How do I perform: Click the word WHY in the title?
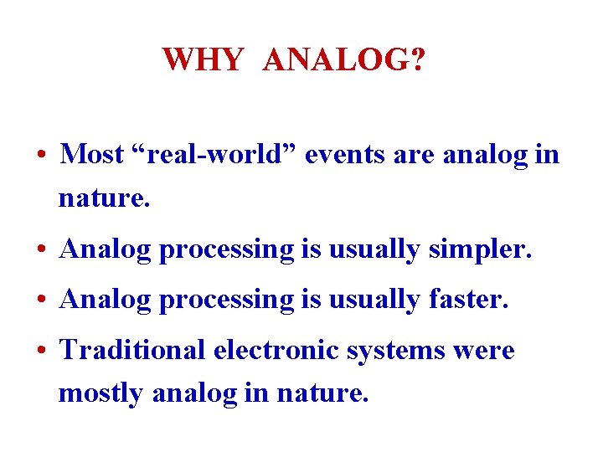[203, 60]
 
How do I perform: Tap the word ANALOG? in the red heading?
[343, 60]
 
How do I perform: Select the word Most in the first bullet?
[92, 154]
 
